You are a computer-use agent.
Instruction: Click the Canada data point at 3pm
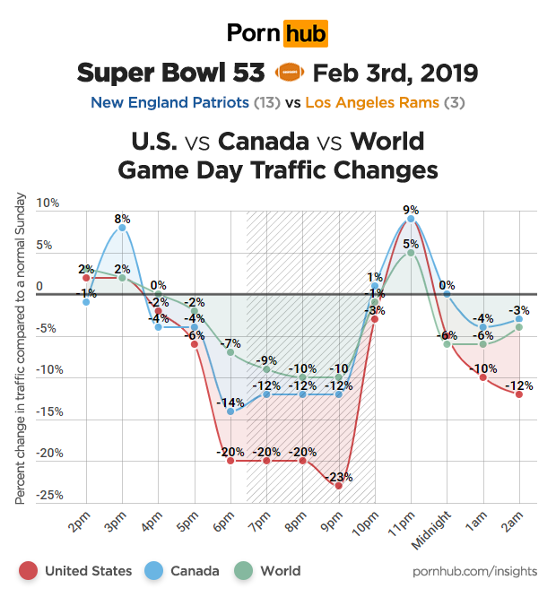click(122, 228)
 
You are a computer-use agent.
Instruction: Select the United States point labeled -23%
click(338, 485)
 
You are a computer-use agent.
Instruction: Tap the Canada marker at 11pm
click(411, 219)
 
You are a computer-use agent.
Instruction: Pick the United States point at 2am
click(519, 394)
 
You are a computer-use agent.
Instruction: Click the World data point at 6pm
click(230, 352)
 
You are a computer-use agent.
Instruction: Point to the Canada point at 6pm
click(230, 411)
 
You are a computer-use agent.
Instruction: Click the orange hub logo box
click(305, 34)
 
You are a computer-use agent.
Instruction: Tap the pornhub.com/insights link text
click(474, 571)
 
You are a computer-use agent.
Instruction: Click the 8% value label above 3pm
click(122, 218)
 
